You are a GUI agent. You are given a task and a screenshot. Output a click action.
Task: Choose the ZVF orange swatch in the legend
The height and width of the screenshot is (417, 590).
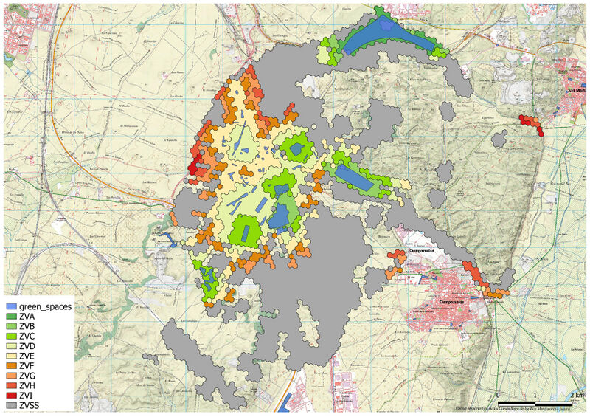click(11, 365)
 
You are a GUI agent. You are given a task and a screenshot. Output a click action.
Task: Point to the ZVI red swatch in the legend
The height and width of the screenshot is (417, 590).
click(11, 396)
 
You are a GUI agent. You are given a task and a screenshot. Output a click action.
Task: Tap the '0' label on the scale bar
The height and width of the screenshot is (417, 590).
click(499, 396)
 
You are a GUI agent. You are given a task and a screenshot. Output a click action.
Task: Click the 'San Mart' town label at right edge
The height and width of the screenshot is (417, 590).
click(577, 91)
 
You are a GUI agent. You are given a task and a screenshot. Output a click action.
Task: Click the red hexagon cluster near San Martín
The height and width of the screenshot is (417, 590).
click(530, 123)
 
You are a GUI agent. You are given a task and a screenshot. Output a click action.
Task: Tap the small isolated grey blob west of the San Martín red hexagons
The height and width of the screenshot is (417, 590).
click(499, 138)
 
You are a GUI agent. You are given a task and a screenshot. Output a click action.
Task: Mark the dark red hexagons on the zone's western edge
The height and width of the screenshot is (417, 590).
click(193, 167)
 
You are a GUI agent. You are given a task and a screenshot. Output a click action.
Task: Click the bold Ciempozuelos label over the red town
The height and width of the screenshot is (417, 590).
click(455, 303)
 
